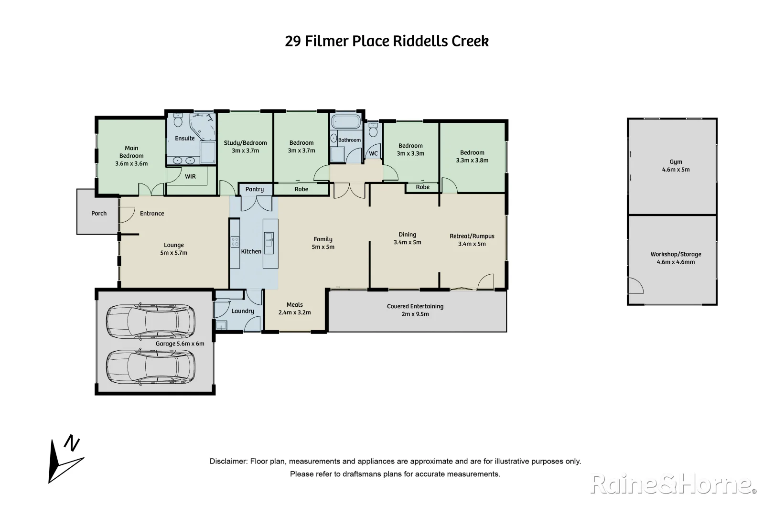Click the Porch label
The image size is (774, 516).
point(99,213)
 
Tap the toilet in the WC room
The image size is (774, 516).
point(373,130)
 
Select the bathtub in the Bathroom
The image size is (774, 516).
point(345,122)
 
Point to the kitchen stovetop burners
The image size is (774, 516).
point(235,241)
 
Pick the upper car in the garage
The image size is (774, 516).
point(150,321)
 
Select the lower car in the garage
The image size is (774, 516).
point(150,367)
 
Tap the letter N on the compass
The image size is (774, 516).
point(72,443)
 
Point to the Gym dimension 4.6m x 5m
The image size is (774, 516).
point(676,169)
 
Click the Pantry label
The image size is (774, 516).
point(254,189)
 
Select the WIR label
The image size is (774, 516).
point(190,177)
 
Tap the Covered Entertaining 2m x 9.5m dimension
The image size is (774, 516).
point(415,314)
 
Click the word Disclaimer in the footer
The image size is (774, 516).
point(228,461)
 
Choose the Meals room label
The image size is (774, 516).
point(295,304)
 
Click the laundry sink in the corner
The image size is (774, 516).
point(221,325)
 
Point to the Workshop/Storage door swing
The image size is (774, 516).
point(636,286)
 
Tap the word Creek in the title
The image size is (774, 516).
point(470,41)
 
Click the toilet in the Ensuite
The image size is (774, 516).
point(178,120)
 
